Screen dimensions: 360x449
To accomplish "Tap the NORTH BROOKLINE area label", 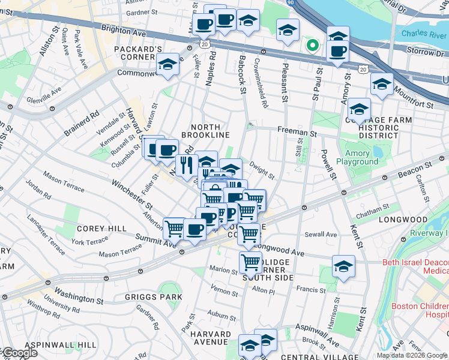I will pos(210,131).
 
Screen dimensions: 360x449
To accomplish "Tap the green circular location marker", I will pos(312,44).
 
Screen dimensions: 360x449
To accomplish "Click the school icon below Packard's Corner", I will pos(167,65).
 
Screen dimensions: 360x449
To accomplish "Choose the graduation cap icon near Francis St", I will pos(343,266).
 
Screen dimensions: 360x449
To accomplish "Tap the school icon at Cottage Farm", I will pos(359,110).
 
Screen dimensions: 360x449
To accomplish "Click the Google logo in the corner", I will pos(20,353).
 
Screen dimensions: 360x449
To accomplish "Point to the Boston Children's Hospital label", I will pos(419,310).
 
